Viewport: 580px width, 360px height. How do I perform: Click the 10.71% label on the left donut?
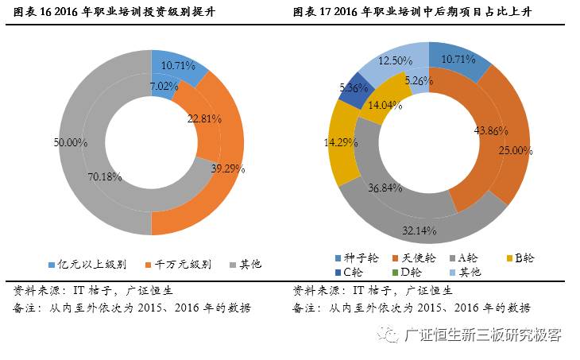click(x=181, y=64)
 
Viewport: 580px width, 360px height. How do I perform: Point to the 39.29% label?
click(x=228, y=169)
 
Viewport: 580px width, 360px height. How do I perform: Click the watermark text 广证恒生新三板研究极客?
click(x=482, y=335)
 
